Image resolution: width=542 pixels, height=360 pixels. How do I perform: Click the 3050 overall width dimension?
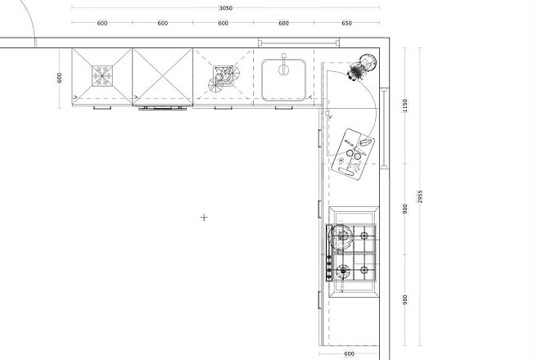point(226,8)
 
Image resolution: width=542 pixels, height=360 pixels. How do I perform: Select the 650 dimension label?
point(346,23)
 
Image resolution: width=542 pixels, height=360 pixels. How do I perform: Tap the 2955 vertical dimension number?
point(420,196)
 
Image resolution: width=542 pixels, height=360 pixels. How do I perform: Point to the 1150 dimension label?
point(404,106)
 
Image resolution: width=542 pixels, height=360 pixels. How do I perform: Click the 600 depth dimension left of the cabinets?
point(60,78)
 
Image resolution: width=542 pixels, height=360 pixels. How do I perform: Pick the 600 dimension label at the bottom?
point(349,353)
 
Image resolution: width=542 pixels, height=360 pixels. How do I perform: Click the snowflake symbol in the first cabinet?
point(102,76)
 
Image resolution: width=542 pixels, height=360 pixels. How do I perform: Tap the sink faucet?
point(284,65)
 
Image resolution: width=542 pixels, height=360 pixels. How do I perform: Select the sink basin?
point(284,80)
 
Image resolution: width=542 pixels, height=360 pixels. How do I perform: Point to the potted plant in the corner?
point(362,67)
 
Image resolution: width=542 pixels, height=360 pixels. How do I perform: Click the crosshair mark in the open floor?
point(204,218)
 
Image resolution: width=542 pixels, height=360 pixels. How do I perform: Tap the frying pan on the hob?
point(341,236)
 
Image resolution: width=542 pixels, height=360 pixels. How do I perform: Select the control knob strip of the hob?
point(329,253)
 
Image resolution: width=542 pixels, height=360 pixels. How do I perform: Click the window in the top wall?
point(299,43)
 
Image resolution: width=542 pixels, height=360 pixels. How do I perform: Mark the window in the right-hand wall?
point(384,128)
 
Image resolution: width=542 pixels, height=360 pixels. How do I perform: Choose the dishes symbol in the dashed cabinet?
point(224,79)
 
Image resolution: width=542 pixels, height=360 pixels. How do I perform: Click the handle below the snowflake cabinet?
point(102,108)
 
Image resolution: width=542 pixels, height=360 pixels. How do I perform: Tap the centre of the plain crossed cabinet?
point(162,76)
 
